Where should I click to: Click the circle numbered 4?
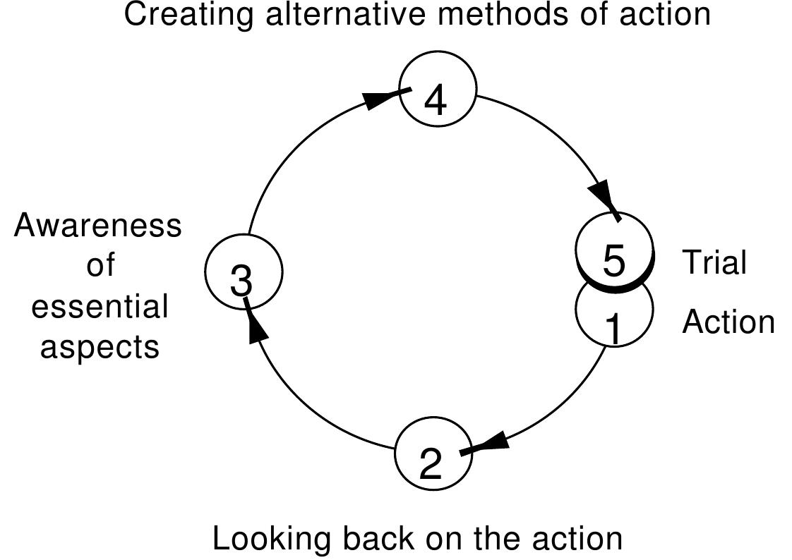(437, 93)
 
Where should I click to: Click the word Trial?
(714, 262)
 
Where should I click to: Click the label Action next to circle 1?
(728, 322)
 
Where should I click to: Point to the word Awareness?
(98, 226)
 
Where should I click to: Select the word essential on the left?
(100, 308)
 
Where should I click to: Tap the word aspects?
(100, 348)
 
